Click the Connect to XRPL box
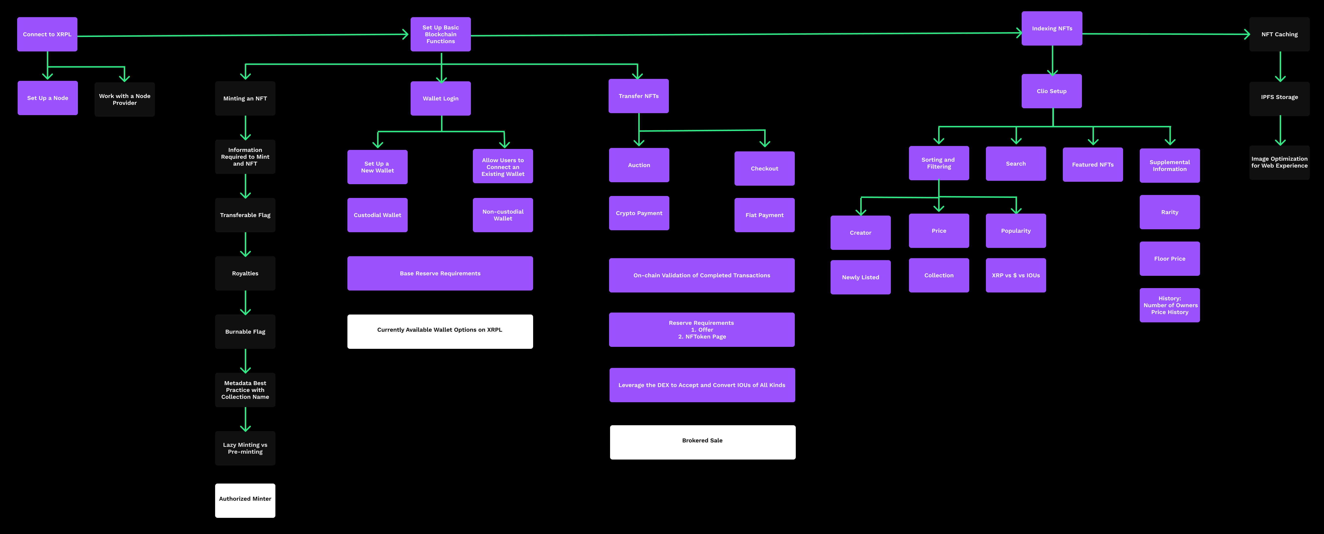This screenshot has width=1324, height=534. click(47, 35)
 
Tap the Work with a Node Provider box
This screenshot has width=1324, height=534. click(124, 99)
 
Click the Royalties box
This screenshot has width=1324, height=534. click(245, 273)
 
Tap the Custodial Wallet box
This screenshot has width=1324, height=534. click(377, 215)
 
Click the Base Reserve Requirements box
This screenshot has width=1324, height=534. click(440, 273)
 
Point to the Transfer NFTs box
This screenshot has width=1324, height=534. click(638, 96)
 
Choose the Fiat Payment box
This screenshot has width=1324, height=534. click(764, 215)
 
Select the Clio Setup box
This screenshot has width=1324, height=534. click(1052, 91)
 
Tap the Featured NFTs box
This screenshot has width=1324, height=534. click(1093, 164)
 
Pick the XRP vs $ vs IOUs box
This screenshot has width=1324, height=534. click(1016, 276)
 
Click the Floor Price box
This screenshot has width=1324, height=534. click(1170, 258)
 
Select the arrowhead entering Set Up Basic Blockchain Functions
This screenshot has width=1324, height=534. click(405, 35)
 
